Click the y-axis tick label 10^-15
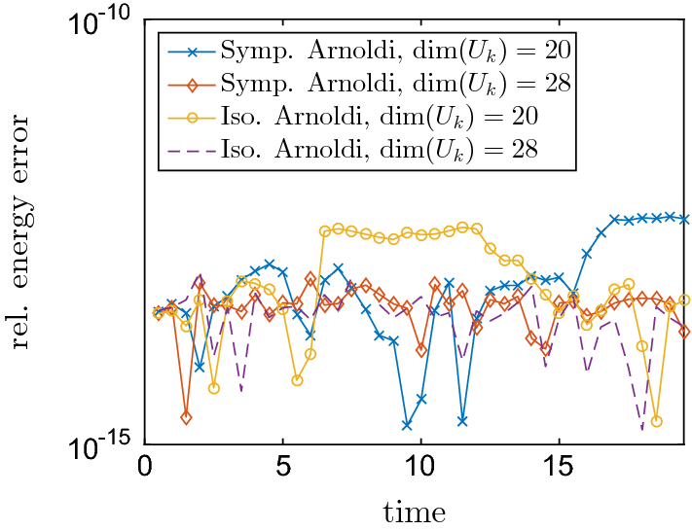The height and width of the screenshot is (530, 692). (x=101, y=446)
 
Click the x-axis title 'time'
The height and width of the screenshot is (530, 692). (x=415, y=511)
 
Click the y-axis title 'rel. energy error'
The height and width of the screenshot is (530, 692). (x=21, y=233)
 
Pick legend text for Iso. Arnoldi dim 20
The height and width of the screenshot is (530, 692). (x=380, y=116)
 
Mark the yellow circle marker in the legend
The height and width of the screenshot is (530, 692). (x=191, y=116)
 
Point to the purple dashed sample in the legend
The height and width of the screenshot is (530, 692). (x=191, y=150)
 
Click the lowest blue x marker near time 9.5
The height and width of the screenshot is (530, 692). (x=407, y=425)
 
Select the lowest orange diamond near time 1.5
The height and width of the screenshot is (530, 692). (x=186, y=417)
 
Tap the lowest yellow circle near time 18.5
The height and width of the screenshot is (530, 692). (x=657, y=421)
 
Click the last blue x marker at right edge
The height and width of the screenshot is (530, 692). (x=684, y=219)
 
